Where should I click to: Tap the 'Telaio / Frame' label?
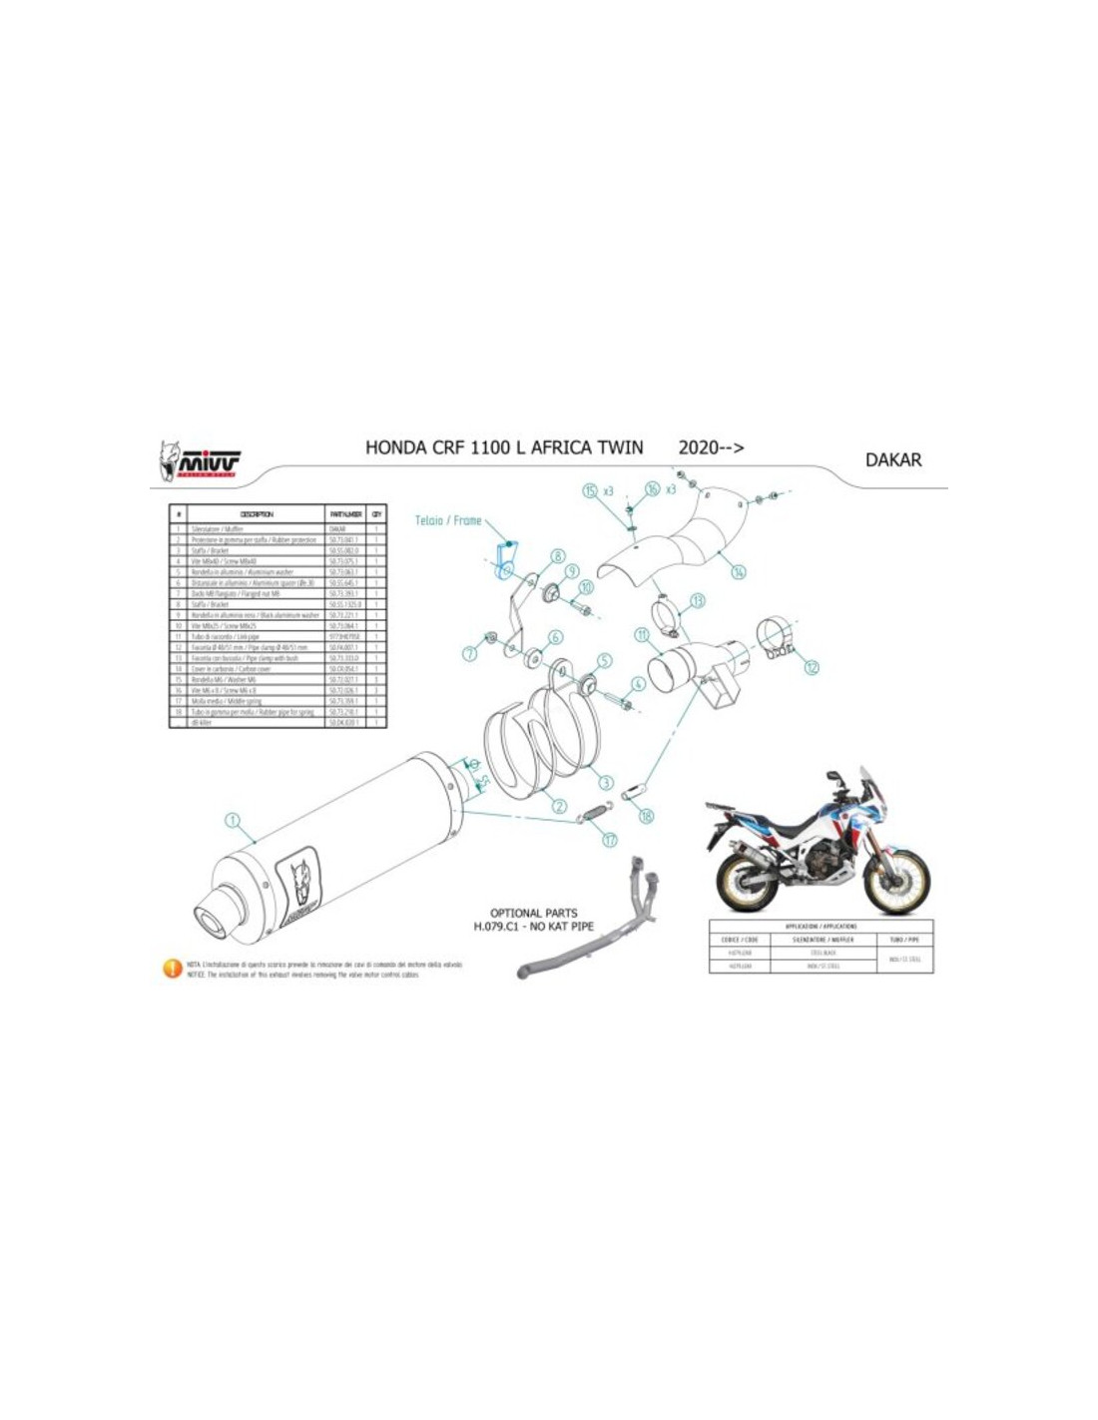[448, 519]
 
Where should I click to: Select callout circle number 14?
[739, 572]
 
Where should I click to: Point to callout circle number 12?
[811, 666]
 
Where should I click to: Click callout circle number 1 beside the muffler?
[234, 820]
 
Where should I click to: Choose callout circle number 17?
[610, 840]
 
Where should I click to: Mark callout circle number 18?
[647, 816]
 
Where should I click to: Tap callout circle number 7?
[469, 654]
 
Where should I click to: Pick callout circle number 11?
[642, 634]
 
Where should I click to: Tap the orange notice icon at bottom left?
[172, 968]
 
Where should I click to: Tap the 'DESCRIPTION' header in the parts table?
[257, 514]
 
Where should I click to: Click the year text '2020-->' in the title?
[711, 447]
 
